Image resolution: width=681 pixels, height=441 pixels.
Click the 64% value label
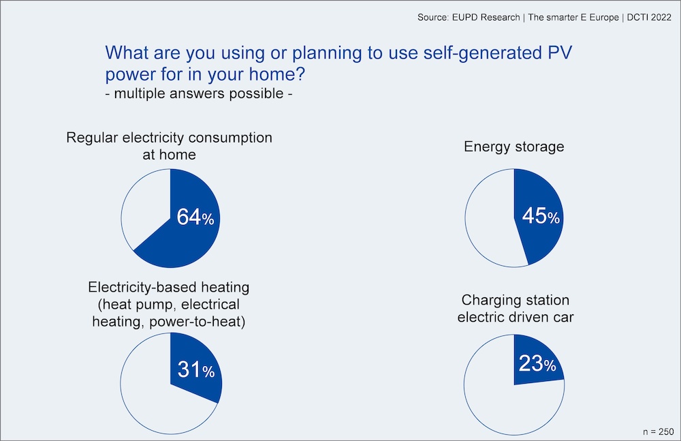[195, 217]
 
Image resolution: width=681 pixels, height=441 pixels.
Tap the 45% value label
[541, 215]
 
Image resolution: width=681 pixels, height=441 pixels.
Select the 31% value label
[196, 369]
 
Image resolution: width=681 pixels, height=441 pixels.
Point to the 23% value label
[537, 363]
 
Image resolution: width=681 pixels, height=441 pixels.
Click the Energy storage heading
[513, 147]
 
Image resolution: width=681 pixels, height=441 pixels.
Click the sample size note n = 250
[658, 431]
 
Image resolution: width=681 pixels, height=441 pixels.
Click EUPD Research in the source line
[486, 18]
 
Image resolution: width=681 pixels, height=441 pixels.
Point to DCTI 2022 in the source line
[649, 18]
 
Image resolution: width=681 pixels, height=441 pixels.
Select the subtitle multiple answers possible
[198, 93]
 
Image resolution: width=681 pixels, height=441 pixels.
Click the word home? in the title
[277, 74]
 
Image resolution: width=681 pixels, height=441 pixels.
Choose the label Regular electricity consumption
[170, 138]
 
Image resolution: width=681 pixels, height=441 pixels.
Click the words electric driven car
[515, 317]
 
